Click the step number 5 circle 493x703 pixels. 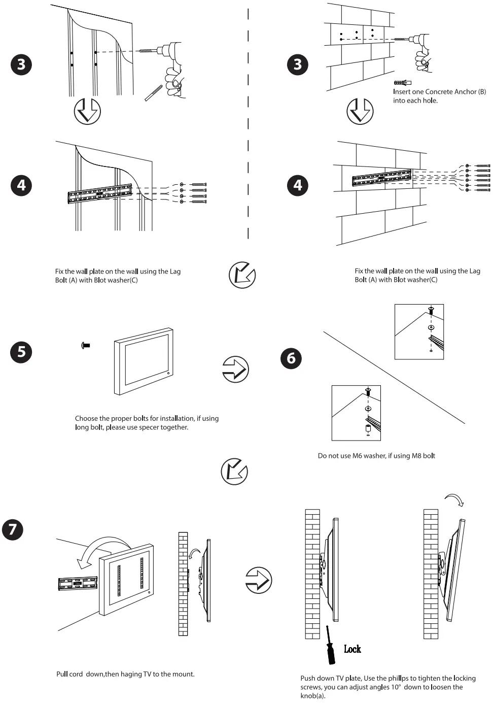pos(21,351)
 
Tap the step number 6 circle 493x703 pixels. pos(291,358)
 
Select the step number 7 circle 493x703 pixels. pos(13,529)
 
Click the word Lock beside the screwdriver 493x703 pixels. pos(352,649)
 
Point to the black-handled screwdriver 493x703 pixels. pos(330,647)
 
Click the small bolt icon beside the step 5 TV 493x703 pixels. pos(85,345)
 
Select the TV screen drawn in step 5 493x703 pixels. pos(145,361)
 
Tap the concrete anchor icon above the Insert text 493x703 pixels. pos(402,83)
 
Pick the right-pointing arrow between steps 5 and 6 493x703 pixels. pos(235,369)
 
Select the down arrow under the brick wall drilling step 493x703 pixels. pos(360,111)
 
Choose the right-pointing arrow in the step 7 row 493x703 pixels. pos(259,580)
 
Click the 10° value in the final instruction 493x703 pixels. pos(396,687)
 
